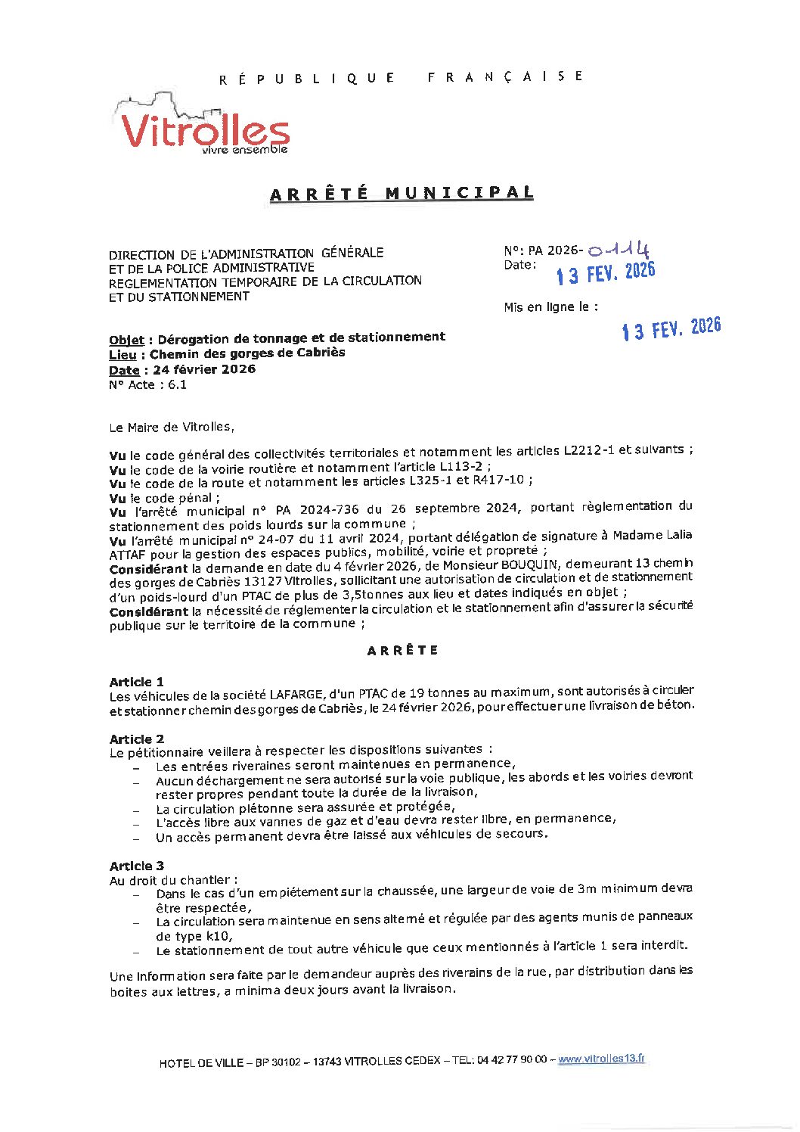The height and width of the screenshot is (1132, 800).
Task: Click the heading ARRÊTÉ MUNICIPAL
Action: point(402,194)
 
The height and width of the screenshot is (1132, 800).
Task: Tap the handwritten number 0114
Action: point(619,250)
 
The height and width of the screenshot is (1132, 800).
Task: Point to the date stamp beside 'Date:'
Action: point(605,273)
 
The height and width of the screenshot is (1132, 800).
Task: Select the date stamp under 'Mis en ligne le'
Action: point(671,328)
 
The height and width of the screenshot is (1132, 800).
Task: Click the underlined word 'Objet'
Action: point(126,340)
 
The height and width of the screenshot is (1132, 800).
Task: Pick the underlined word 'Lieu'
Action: point(122,355)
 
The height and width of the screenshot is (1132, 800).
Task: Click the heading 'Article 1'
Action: point(136,681)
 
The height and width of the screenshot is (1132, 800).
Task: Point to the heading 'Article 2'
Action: point(136,739)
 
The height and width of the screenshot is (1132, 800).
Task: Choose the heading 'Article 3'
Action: point(136,866)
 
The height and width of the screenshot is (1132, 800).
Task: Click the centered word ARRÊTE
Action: point(402,650)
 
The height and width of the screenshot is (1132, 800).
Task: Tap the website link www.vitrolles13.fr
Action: point(601,1059)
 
